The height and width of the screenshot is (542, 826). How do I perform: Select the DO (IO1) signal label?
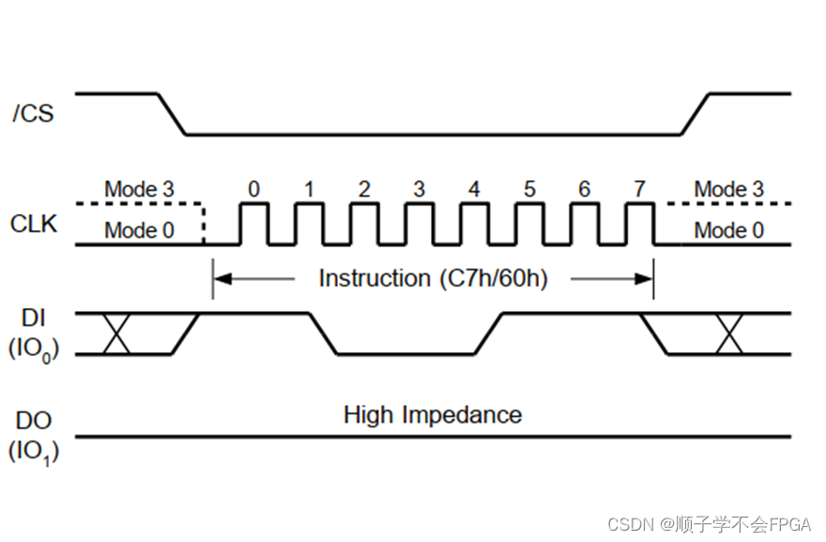click(x=33, y=438)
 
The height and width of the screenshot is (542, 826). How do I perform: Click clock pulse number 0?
click(x=253, y=224)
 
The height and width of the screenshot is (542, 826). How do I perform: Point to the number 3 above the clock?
click(x=419, y=189)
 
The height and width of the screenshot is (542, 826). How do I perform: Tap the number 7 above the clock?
click(x=639, y=189)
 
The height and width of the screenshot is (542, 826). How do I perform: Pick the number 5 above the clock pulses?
click(x=529, y=189)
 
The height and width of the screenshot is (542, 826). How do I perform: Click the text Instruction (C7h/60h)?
click(x=433, y=278)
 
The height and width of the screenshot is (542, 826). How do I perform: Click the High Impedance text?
click(x=432, y=414)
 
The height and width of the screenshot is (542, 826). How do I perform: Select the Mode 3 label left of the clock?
click(x=139, y=189)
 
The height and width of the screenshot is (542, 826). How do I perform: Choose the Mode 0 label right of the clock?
click(x=728, y=230)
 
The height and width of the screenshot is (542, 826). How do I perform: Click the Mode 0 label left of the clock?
click(x=139, y=230)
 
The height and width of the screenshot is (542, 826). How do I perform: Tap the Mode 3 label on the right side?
click(x=728, y=189)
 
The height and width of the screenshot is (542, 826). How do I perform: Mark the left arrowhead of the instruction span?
click(x=220, y=278)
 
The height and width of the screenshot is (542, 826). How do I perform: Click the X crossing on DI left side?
click(x=115, y=334)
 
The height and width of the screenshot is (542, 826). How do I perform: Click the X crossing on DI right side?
click(x=729, y=334)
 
